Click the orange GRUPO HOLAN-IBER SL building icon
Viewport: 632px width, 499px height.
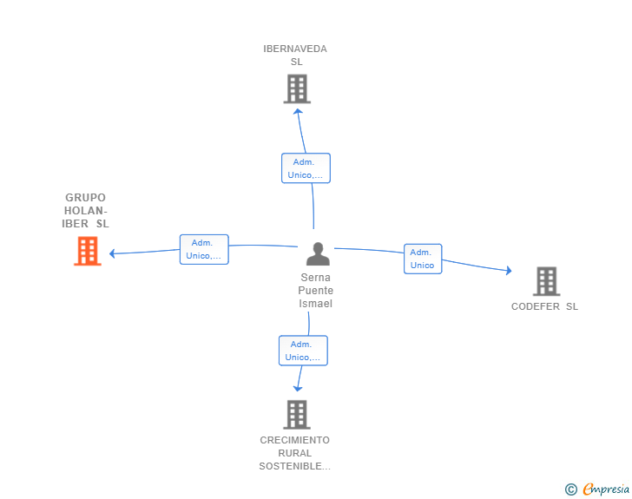(88, 251)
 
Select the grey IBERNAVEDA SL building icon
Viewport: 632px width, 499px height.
(297, 89)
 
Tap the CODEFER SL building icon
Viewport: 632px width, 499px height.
(547, 281)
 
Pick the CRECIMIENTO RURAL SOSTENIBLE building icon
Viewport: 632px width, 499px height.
(297, 414)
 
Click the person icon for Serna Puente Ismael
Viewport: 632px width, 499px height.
(318, 254)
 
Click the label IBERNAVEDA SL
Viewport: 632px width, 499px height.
(295, 56)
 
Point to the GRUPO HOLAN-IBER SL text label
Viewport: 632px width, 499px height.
(85, 210)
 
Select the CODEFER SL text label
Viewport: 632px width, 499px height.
(544, 306)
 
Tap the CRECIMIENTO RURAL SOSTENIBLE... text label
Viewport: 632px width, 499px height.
(294, 453)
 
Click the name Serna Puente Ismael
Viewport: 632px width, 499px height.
(316, 290)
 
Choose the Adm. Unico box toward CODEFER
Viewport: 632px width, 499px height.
(423, 259)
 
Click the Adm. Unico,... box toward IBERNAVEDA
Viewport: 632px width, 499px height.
(306, 168)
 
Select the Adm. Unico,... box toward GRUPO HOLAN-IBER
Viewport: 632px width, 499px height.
(204, 250)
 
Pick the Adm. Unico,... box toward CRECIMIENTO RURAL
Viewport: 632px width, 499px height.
(303, 351)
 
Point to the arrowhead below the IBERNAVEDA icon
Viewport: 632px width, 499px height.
(298, 112)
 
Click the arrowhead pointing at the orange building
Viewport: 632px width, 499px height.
(113, 253)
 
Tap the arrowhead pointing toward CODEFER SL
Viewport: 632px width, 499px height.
(509, 271)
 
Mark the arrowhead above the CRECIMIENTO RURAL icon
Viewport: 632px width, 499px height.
(298, 389)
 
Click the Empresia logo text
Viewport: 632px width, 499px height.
(606, 489)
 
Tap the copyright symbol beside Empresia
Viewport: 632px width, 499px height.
(571, 489)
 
